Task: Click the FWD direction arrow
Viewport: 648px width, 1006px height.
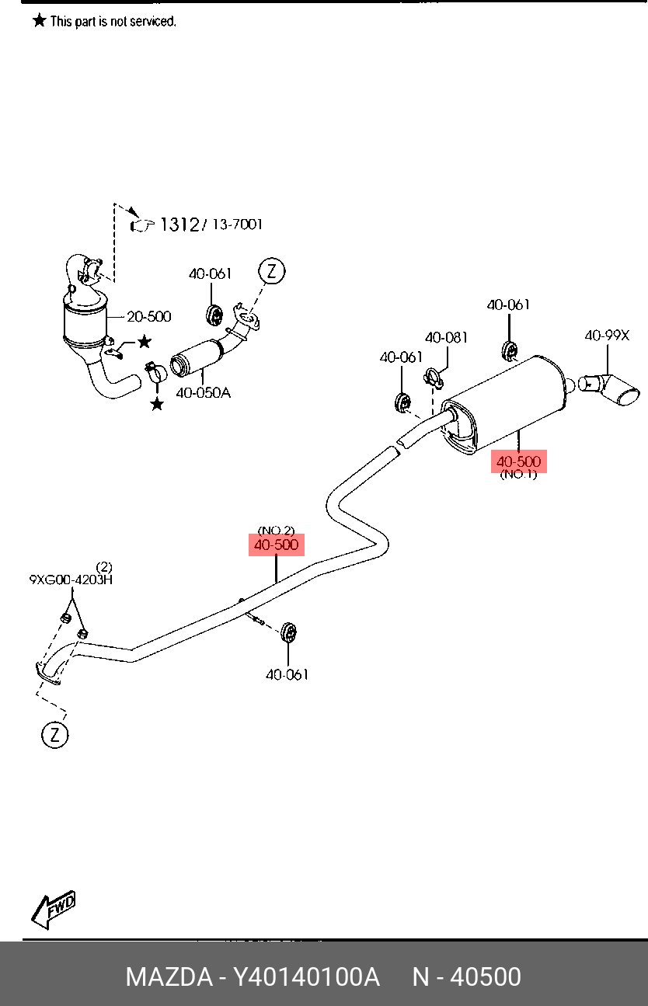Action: [x=53, y=909]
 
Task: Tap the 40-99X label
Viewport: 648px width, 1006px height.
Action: [x=607, y=336]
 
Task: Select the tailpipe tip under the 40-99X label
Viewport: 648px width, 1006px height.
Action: [x=609, y=389]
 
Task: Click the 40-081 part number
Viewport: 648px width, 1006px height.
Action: [x=446, y=337]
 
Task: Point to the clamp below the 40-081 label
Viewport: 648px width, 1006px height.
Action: [x=433, y=378]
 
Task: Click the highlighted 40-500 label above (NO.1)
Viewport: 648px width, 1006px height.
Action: [x=519, y=461]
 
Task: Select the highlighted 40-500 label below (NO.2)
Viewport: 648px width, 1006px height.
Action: [x=276, y=545]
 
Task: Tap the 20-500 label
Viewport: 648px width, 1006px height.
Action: [x=148, y=317]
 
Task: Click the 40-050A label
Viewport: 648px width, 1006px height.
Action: [x=203, y=393]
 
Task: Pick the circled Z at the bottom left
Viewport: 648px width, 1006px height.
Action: [x=55, y=734]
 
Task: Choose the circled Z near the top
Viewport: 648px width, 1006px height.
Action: [x=272, y=271]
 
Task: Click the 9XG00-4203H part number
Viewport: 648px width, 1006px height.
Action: [x=71, y=580]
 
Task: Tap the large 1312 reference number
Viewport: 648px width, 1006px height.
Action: [x=179, y=224]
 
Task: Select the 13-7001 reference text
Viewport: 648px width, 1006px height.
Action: [x=237, y=224]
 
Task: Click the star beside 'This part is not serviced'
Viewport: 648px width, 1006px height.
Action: [x=40, y=20]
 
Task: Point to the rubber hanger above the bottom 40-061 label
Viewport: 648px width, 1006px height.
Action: [x=288, y=632]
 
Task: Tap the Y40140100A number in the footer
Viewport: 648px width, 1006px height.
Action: [x=305, y=976]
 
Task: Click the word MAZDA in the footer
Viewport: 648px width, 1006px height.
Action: [x=169, y=976]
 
